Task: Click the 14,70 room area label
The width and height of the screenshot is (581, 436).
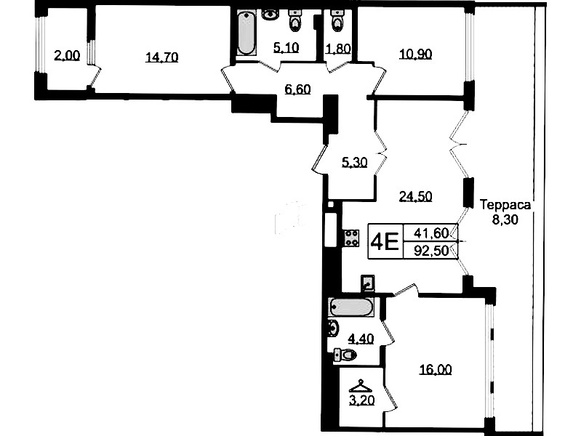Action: tap(162, 57)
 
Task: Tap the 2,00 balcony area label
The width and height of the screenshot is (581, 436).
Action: tap(67, 56)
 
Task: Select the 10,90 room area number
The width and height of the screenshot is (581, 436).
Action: tap(415, 54)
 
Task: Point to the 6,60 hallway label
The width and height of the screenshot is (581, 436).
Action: tap(297, 89)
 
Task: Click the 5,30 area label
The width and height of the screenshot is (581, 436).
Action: tap(355, 162)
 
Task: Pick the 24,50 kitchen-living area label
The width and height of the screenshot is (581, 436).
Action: tap(415, 196)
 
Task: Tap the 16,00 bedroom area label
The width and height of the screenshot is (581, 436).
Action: tap(436, 369)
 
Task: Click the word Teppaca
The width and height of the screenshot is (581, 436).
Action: tap(505, 205)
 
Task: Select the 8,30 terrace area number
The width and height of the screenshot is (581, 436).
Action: tap(505, 220)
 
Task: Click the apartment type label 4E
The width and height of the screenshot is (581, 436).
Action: tap(385, 242)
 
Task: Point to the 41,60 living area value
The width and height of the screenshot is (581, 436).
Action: tap(431, 233)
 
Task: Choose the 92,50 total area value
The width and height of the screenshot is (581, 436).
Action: tap(431, 251)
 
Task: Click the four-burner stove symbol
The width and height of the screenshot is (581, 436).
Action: tap(352, 238)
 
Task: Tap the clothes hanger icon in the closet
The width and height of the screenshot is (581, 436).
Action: tap(361, 387)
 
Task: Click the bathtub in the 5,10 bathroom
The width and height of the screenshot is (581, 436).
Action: tap(246, 33)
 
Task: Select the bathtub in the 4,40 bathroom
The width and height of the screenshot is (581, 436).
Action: tap(351, 308)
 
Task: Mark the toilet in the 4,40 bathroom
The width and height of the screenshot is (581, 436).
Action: tap(345, 355)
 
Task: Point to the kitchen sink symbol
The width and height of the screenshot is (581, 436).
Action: tap(367, 283)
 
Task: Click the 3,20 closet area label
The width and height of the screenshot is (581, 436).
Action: tap(361, 400)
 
